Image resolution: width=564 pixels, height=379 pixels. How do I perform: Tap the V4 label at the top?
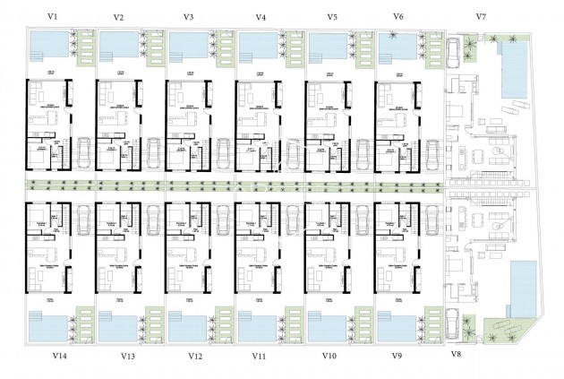tap(260, 17)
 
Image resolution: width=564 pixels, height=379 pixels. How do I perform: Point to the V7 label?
tap(481, 17)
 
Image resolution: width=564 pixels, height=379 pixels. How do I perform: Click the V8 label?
tap(457, 355)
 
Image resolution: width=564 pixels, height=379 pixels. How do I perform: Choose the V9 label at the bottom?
tap(398, 356)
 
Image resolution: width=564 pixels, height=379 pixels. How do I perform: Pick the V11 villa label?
tap(259, 356)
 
